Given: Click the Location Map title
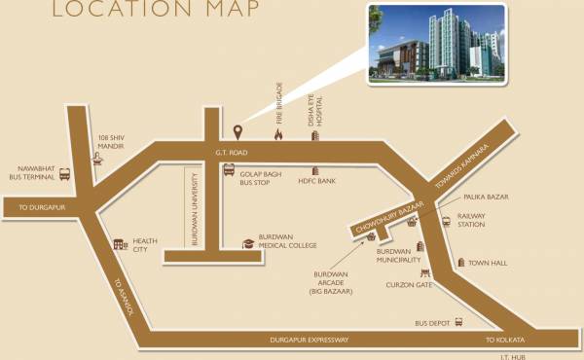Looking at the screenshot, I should pyautogui.click(x=155, y=11).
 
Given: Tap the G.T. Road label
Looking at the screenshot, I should pyautogui.click(x=233, y=153).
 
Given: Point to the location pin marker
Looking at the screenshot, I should pyautogui.click(x=237, y=131).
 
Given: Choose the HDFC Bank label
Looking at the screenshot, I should pyautogui.click(x=317, y=182).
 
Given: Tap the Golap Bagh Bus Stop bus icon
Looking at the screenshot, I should pyautogui.click(x=229, y=169).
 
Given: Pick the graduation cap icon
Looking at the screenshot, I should pyautogui.click(x=248, y=242).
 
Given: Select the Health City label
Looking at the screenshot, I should pyautogui.click(x=146, y=245).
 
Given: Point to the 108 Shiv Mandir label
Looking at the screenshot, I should pyautogui.click(x=114, y=143).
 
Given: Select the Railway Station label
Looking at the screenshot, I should pyautogui.click(x=471, y=220).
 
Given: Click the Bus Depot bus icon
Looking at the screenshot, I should pyautogui.click(x=458, y=323).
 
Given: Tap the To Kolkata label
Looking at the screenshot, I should pyautogui.click(x=505, y=340).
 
